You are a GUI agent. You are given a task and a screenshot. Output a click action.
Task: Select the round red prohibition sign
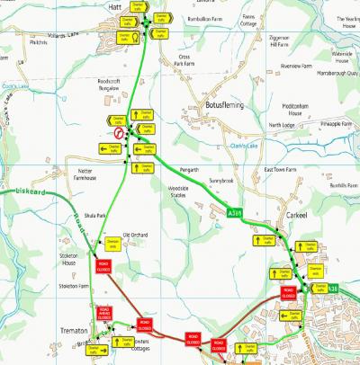(118, 132)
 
